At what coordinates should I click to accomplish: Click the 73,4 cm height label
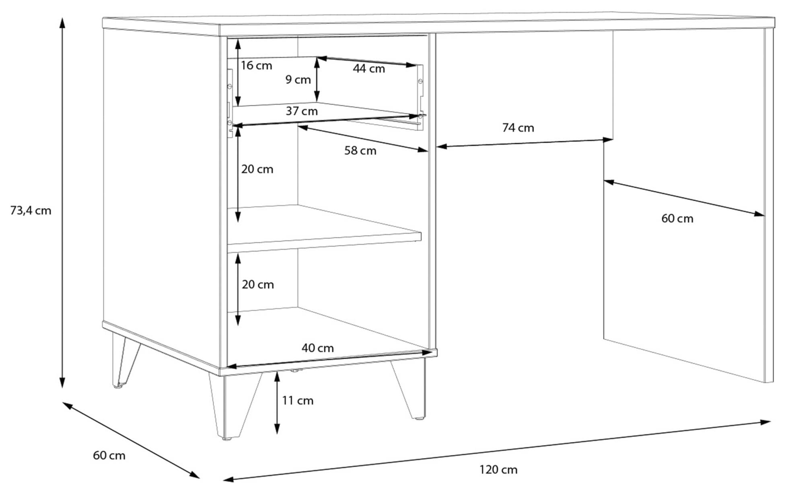31,210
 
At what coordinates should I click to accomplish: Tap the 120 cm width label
498,470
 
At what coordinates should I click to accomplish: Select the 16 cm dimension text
256,66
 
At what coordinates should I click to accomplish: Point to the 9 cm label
298,80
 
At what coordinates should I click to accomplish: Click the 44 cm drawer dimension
369,69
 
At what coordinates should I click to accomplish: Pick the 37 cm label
302,111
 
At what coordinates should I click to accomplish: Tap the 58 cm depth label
360,151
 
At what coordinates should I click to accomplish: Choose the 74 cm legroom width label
518,128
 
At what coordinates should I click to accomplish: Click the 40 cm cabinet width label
318,348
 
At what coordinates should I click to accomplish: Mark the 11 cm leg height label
298,401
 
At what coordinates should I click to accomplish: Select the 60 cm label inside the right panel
677,219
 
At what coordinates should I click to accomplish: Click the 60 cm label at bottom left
109,456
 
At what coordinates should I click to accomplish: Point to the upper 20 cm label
257,169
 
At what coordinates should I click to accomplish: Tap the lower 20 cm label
258,285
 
